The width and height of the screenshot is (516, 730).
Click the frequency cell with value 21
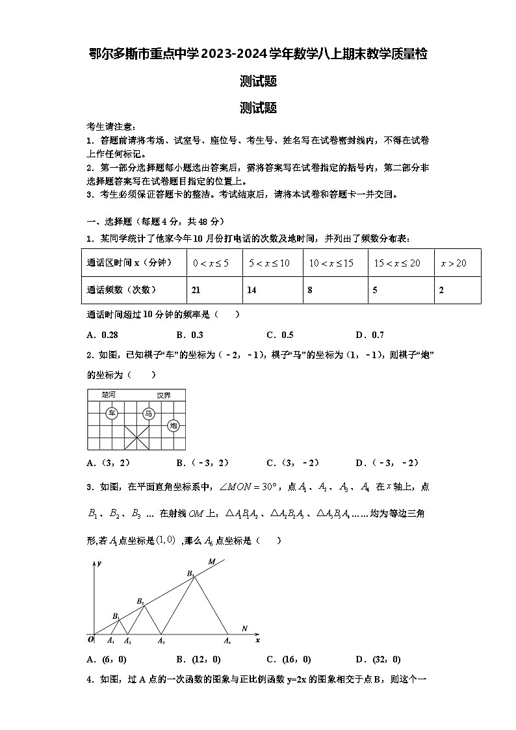(196, 290)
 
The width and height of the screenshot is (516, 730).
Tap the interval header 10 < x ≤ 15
(331, 263)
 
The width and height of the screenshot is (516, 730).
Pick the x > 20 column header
(453, 263)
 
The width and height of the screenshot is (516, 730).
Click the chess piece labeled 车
(112, 413)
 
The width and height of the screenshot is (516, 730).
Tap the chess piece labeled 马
(149, 413)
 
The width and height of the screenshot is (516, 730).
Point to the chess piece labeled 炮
(173, 425)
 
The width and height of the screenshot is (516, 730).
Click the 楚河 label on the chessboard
(108, 395)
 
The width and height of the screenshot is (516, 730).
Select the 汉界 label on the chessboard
(163, 395)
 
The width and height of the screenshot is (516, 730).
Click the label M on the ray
(211, 561)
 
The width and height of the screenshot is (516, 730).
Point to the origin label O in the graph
(92, 640)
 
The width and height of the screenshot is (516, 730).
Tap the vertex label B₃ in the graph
(190, 573)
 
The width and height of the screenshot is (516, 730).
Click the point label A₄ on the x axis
(227, 642)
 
